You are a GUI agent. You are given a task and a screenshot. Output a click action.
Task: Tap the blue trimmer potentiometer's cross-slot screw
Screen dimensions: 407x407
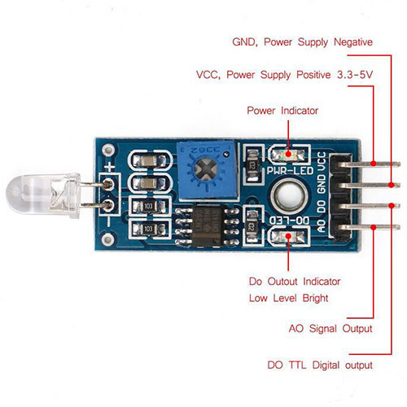[207, 169]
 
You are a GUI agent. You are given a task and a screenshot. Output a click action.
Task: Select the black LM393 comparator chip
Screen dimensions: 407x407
[208, 226]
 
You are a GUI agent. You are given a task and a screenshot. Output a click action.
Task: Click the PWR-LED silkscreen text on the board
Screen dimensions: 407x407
[290, 170]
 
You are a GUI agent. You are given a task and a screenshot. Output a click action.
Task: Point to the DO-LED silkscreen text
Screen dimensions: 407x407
[289, 221]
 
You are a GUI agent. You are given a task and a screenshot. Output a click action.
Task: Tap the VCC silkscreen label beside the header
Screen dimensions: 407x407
[322, 162]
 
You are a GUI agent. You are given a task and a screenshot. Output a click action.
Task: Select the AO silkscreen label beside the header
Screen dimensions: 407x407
[322, 225]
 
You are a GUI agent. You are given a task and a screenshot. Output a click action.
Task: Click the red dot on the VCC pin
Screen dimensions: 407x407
[374, 164]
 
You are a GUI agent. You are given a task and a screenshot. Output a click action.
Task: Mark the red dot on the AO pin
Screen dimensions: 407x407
[374, 227]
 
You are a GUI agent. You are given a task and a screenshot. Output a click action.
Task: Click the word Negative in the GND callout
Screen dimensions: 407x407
[353, 42]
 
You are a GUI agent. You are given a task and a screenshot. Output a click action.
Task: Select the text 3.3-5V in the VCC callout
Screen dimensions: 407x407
[355, 74]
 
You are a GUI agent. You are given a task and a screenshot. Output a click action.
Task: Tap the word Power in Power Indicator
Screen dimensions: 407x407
[260, 111]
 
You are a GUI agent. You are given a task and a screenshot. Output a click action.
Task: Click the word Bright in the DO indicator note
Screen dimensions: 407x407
[315, 298]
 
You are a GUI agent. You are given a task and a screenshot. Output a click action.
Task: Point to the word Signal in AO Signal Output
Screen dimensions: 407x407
[322, 329]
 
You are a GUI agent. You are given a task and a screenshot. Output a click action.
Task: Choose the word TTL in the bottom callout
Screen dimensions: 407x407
[297, 365]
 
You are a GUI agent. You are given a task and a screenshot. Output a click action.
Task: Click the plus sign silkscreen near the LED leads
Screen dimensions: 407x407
[110, 167]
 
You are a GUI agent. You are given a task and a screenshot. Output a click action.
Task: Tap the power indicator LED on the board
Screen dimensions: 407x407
[289, 155]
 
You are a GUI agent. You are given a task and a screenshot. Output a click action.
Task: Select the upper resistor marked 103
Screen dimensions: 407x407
[148, 207]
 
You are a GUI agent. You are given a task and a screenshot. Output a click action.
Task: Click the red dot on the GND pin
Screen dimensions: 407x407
[391, 185]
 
